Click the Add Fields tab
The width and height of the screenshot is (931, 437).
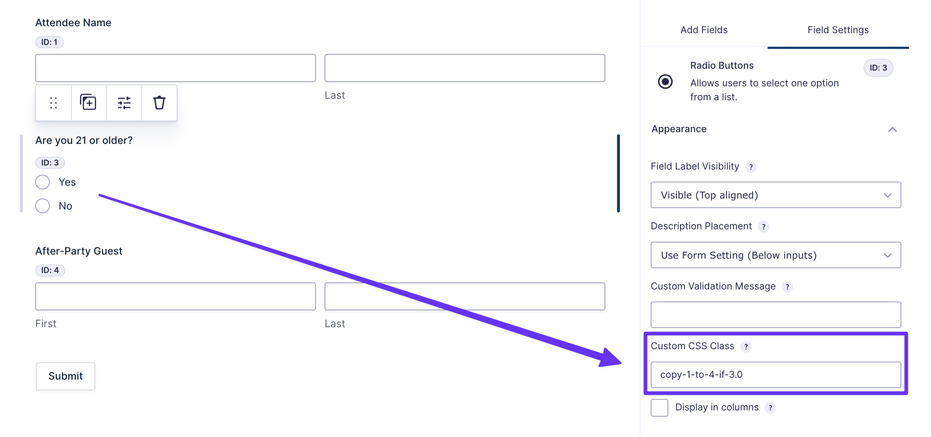pyautogui.click(x=704, y=30)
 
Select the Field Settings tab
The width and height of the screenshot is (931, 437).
pyautogui.click(x=838, y=30)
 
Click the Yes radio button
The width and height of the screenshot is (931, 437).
pyautogui.click(x=43, y=182)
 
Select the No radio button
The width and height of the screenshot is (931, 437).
pyautogui.click(x=43, y=206)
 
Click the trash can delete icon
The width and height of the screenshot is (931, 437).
pyautogui.click(x=159, y=103)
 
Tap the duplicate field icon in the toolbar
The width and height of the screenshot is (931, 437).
pyautogui.click(x=88, y=102)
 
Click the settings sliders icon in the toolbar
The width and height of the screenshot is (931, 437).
pyautogui.click(x=124, y=103)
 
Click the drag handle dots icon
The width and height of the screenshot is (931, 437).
pyautogui.click(x=53, y=103)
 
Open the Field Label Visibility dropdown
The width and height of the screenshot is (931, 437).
pyautogui.click(x=776, y=195)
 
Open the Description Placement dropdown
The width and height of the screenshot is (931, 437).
pyautogui.click(x=776, y=255)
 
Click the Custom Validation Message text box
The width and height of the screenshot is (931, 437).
pyautogui.click(x=776, y=315)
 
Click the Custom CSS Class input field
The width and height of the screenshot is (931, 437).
pyautogui.click(x=776, y=375)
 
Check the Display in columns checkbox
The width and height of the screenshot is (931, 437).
pyautogui.click(x=660, y=408)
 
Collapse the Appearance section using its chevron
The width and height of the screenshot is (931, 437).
pyautogui.click(x=893, y=129)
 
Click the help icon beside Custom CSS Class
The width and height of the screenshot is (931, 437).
pyautogui.click(x=746, y=346)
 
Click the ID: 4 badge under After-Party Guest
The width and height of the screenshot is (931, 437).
pyautogui.click(x=50, y=270)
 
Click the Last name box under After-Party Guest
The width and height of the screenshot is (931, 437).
pyautogui.click(x=465, y=296)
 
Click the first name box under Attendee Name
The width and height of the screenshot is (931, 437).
pyautogui.click(x=175, y=68)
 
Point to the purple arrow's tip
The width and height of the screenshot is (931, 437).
pyautogui.click(x=621, y=363)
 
